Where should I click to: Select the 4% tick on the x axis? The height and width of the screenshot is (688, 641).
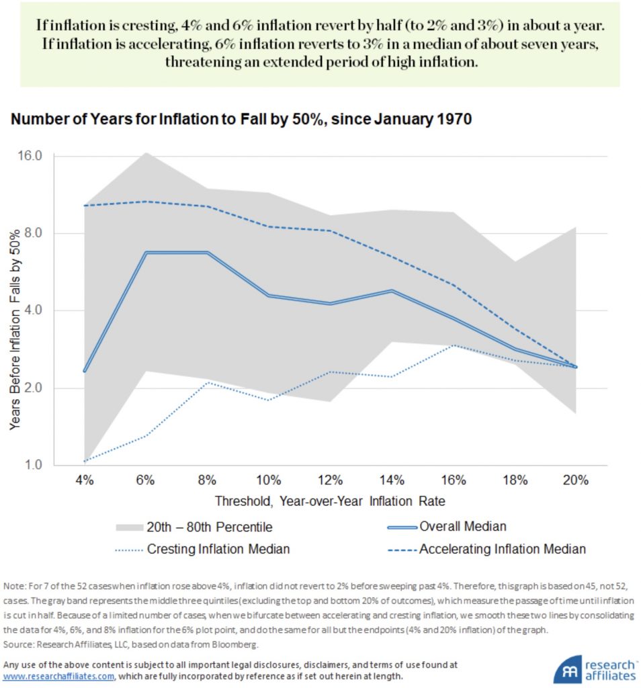tap(84, 480)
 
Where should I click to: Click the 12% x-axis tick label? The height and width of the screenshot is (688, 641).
tap(330, 480)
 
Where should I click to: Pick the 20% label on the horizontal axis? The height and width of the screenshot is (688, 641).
tap(576, 480)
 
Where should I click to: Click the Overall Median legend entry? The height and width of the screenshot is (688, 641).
tap(463, 526)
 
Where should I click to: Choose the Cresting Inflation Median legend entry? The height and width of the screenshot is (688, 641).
tap(218, 549)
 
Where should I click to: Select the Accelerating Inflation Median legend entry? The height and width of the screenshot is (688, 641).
tap(502, 549)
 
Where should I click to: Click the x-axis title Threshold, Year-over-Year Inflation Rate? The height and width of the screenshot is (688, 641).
tap(330, 501)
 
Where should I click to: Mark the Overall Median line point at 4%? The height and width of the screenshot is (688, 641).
tap(84, 371)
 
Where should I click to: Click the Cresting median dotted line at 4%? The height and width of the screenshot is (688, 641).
tap(84, 462)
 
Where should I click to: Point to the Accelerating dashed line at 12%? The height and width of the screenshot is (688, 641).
tap(330, 230)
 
